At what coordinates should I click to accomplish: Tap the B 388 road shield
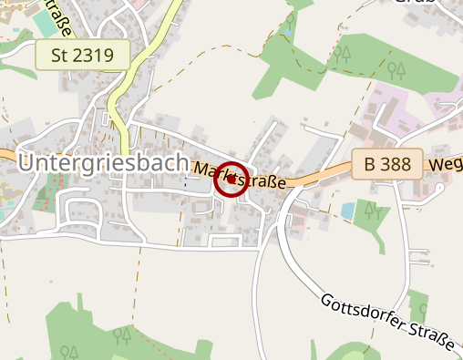(387, 165)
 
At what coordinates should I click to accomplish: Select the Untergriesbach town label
(103, 163)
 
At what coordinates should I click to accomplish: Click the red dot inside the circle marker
(231, 180)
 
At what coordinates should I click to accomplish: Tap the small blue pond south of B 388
(347, 211)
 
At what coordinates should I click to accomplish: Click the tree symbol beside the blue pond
(370, 211)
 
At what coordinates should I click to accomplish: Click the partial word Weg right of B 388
(446, 165)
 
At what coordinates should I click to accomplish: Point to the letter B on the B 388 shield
(369, 165)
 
